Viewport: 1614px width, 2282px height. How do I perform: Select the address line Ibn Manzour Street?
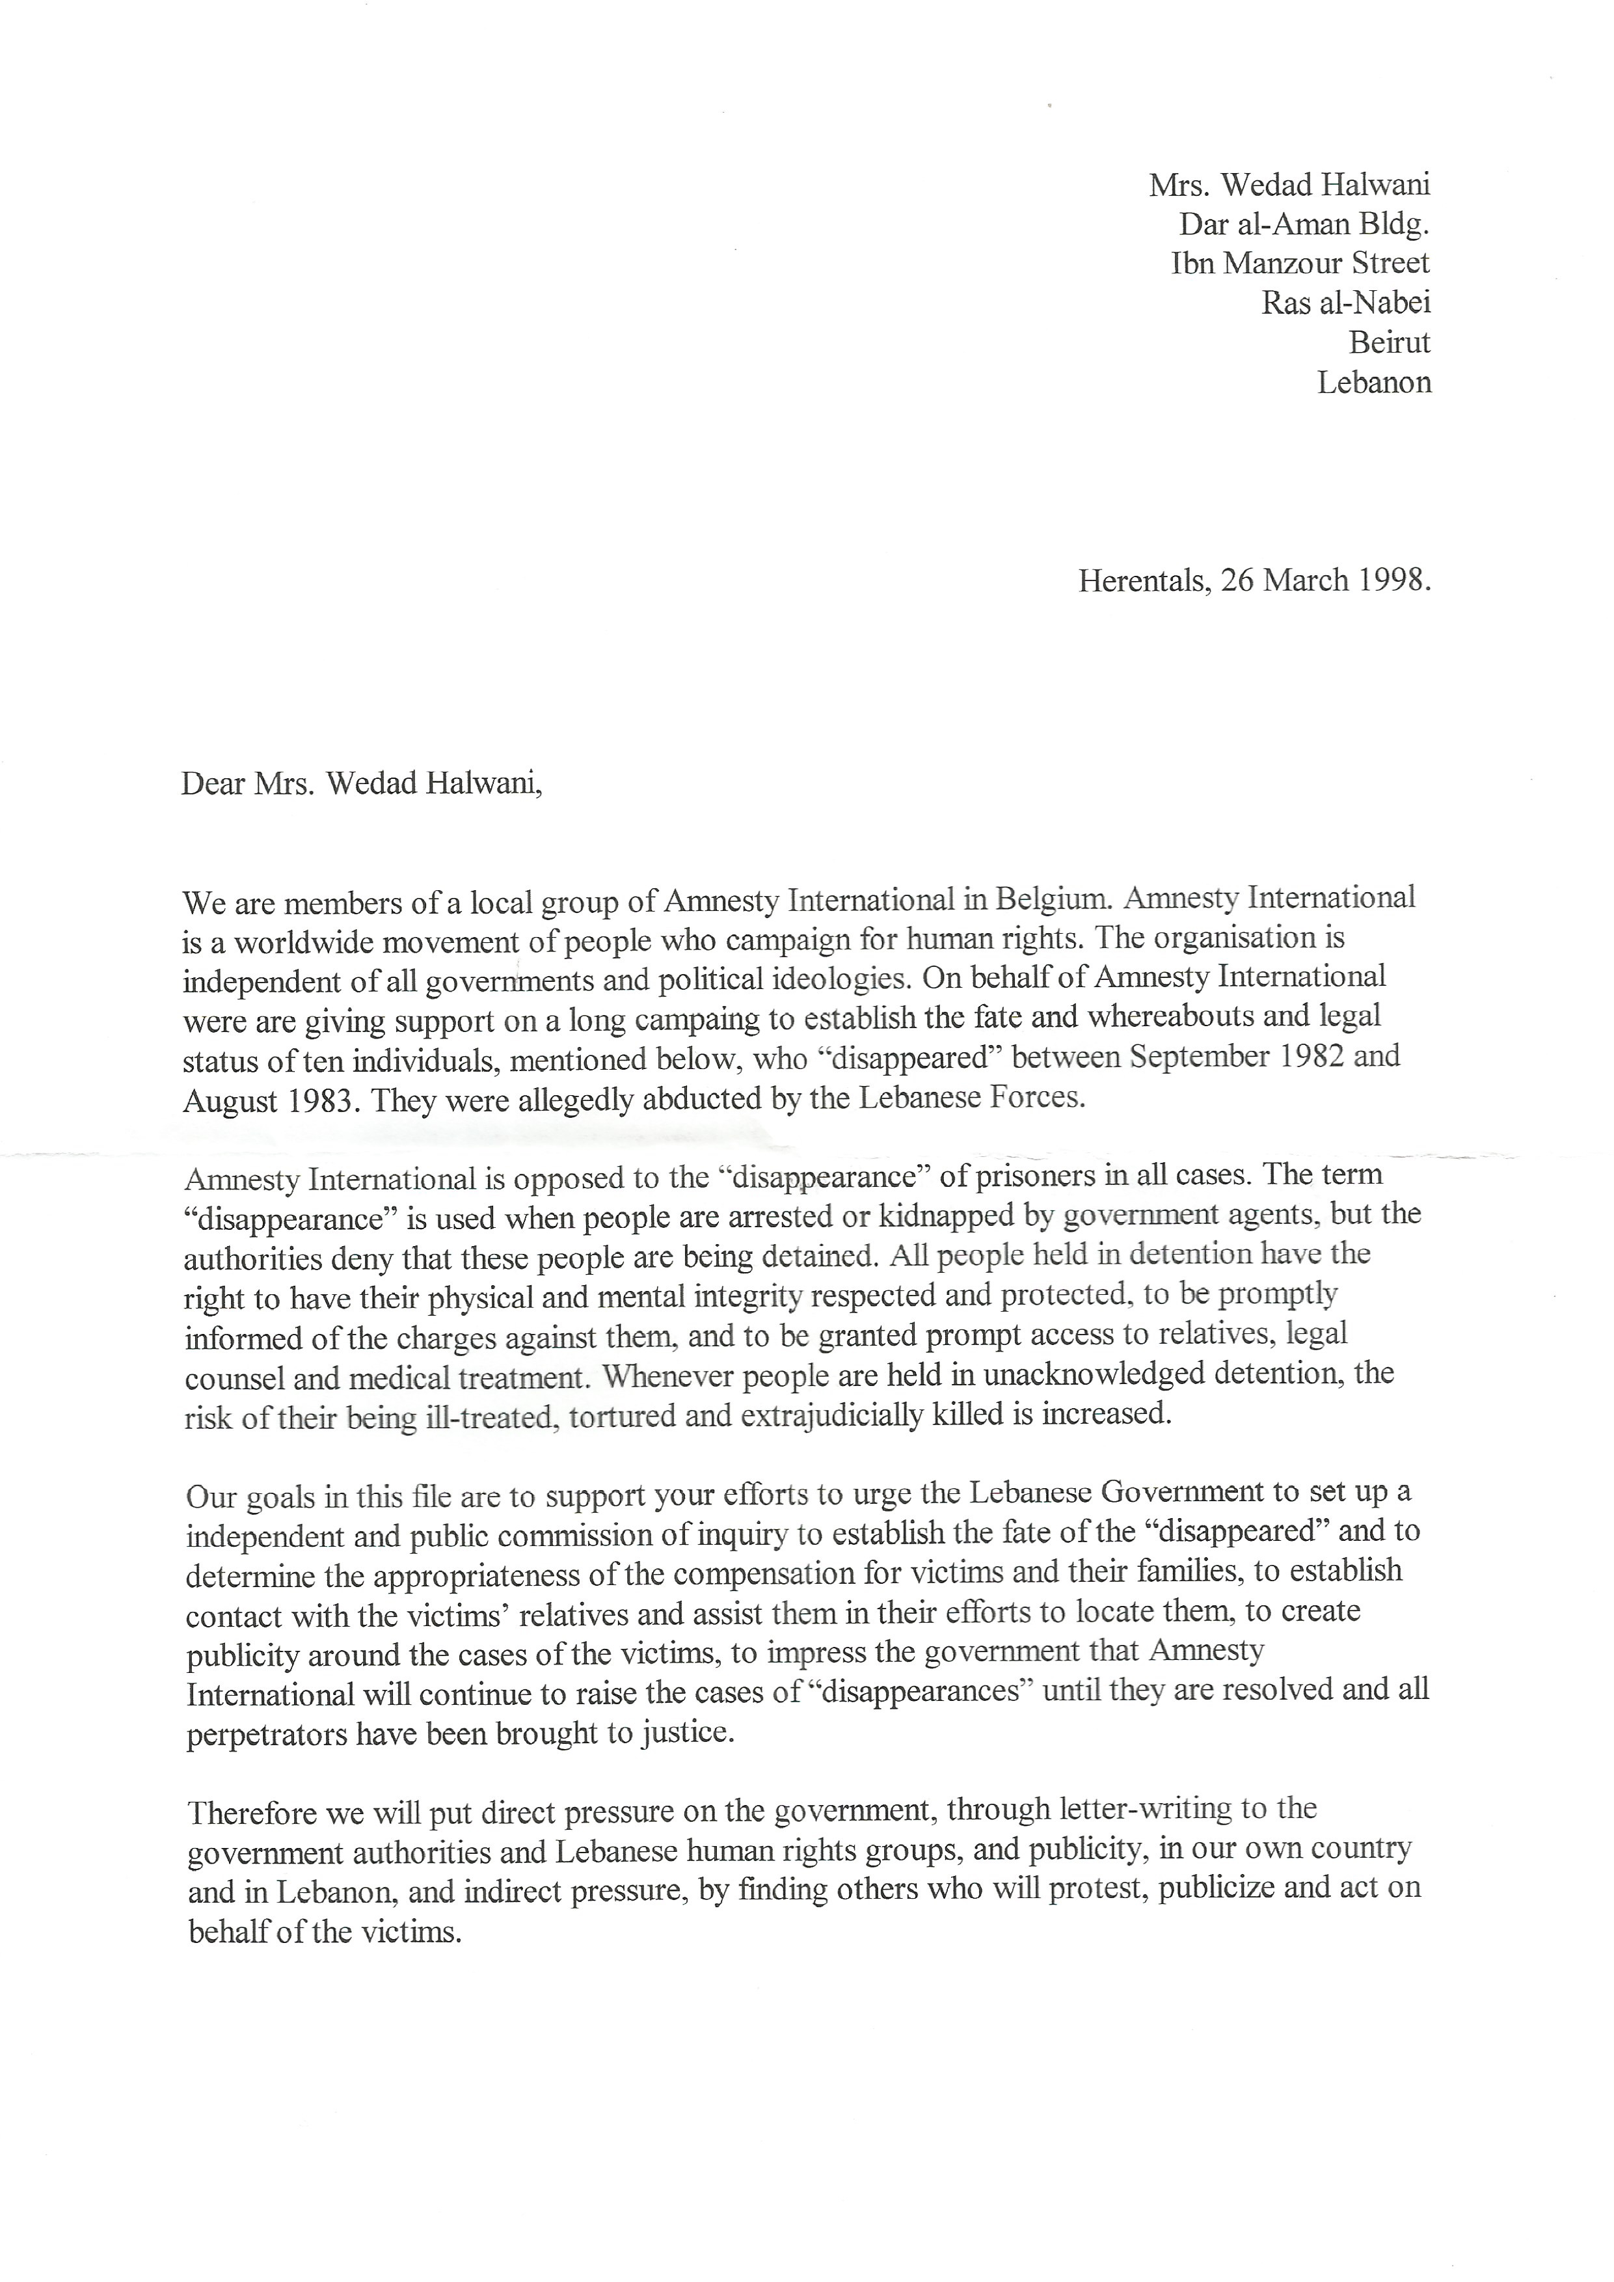click(x=1301, y=264)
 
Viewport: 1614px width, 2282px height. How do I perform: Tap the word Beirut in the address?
click(x=1390, y=343)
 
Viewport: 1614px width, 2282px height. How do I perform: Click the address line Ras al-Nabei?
click(x=1346, y=303)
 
